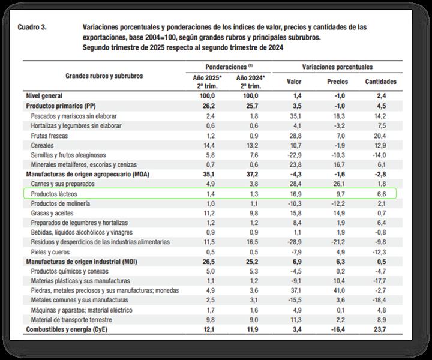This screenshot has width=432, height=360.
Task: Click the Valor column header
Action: click(294, 81)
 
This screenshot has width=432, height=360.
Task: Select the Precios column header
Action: click(337, 81)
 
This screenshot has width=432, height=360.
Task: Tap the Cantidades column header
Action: click(380, 81)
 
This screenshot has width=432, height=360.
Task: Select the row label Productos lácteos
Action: click(55, 194)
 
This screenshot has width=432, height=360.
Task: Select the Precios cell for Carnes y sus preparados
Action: click(337, 184)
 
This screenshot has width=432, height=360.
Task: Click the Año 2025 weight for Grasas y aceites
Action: click(207, 213)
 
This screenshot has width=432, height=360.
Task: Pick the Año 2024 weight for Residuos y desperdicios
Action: click(250, 242)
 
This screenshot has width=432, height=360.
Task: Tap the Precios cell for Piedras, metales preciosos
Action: click(337, 291)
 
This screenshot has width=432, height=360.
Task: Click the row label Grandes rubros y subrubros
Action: click(104, 76)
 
